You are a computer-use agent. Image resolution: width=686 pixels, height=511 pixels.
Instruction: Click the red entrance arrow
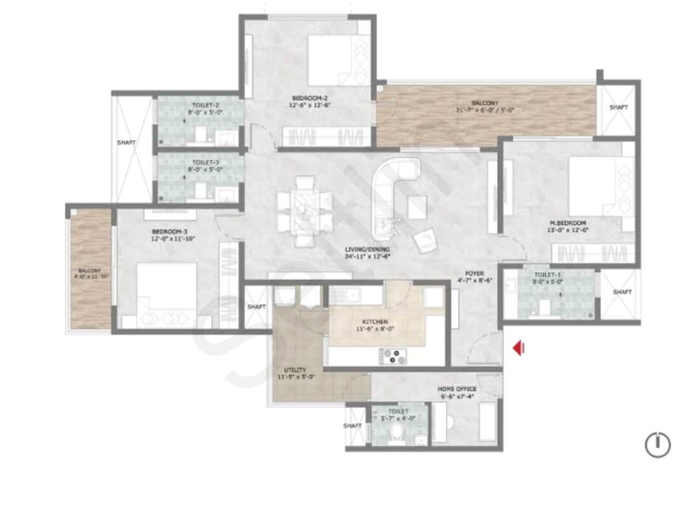[x=519, y=348]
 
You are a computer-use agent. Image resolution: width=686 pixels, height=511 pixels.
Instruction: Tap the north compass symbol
[x=658, y=444]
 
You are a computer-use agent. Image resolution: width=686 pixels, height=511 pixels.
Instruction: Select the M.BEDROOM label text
[x=568, y=223]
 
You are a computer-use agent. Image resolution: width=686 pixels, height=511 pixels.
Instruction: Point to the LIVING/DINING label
[x=368, y=249]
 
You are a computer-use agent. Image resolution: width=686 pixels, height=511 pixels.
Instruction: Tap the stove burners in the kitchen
[x=394, y=357]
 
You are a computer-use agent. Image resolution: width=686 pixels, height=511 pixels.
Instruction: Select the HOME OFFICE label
[x=456, y=388]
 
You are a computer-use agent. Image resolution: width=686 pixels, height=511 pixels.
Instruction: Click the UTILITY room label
[x=296, y=370]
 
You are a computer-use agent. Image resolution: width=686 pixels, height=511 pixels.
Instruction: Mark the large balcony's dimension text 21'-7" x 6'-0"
[x=484, y=110]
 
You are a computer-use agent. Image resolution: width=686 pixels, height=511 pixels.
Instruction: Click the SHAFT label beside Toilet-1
[x=622, y=292]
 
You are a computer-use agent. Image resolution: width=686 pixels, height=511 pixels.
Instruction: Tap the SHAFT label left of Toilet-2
[x=126, y=143]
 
